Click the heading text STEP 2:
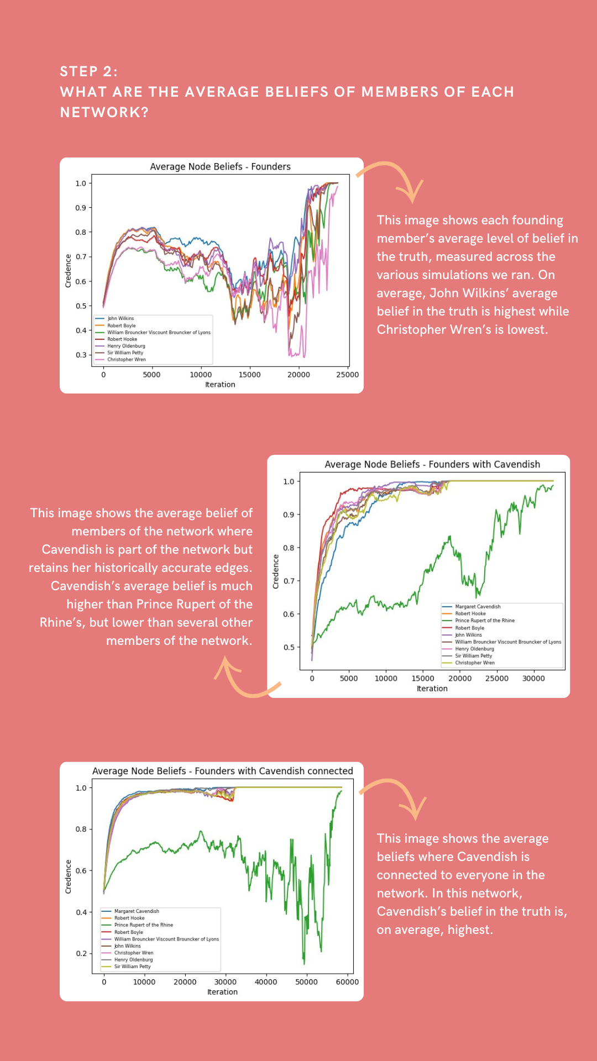[x=88, y=71]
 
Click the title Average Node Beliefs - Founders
[x=220, y=166]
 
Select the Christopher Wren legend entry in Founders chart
[x=127, y=359]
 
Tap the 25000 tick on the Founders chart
[x=347, y=375]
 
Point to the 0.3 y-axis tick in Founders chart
[x=81, y=355]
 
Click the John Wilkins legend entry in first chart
[x=121, y=318]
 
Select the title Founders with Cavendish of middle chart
[x=432, y=464]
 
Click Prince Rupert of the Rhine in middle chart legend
[x=484, y=621]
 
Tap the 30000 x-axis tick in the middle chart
[x=533, y=679]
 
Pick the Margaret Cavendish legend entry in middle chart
[x=478, y=607]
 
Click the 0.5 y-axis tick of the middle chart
[x=289, y=647]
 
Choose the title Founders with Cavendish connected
[x=222, y=771]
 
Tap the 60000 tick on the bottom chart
[x=347, y=982]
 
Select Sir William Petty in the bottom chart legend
[x=132, y=967]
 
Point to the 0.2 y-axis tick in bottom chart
[x=81, y=953]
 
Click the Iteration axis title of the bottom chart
[x=222, y=992]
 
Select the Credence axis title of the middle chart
[x=276, y=571]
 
